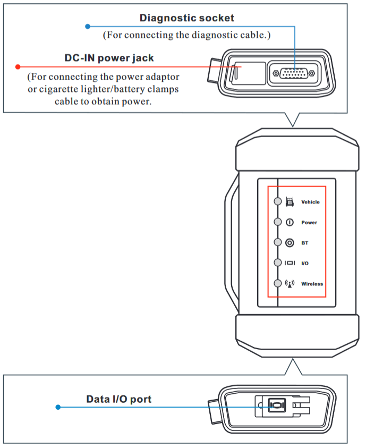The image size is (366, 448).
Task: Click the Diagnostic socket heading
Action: [x=186, y=18]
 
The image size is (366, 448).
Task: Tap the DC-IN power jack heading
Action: [x=113, y=58]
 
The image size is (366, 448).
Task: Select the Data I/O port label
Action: [x=118, y=399]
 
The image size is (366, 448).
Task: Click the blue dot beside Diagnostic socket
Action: [x=88, y=26]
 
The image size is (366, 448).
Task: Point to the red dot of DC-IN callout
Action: [x=18, y=67]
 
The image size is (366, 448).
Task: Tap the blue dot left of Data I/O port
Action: [x=58, y=407]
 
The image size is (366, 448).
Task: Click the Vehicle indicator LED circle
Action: [x=277, y=201]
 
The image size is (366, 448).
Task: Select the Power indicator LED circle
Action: [x=277, y=222]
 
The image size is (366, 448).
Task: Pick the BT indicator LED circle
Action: [x=277, y=242]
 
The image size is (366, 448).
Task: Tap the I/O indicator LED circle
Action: [x=277, y=263]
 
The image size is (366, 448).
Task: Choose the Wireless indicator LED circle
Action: [x=277, y=283]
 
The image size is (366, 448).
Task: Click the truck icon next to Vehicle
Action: [x=290, y=201]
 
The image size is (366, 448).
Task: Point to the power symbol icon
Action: [x=290, y=222]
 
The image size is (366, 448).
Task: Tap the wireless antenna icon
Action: [x=290, y=283]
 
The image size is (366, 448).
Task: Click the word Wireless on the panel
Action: [x=312, y=284]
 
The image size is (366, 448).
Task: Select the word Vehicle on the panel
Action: [x=310, y=202]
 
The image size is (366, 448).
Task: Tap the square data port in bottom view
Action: [x=276, y=407]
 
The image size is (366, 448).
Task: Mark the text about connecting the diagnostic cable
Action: [x=186, y=35]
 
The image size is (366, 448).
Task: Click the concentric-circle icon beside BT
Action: [x=290, y=243]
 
